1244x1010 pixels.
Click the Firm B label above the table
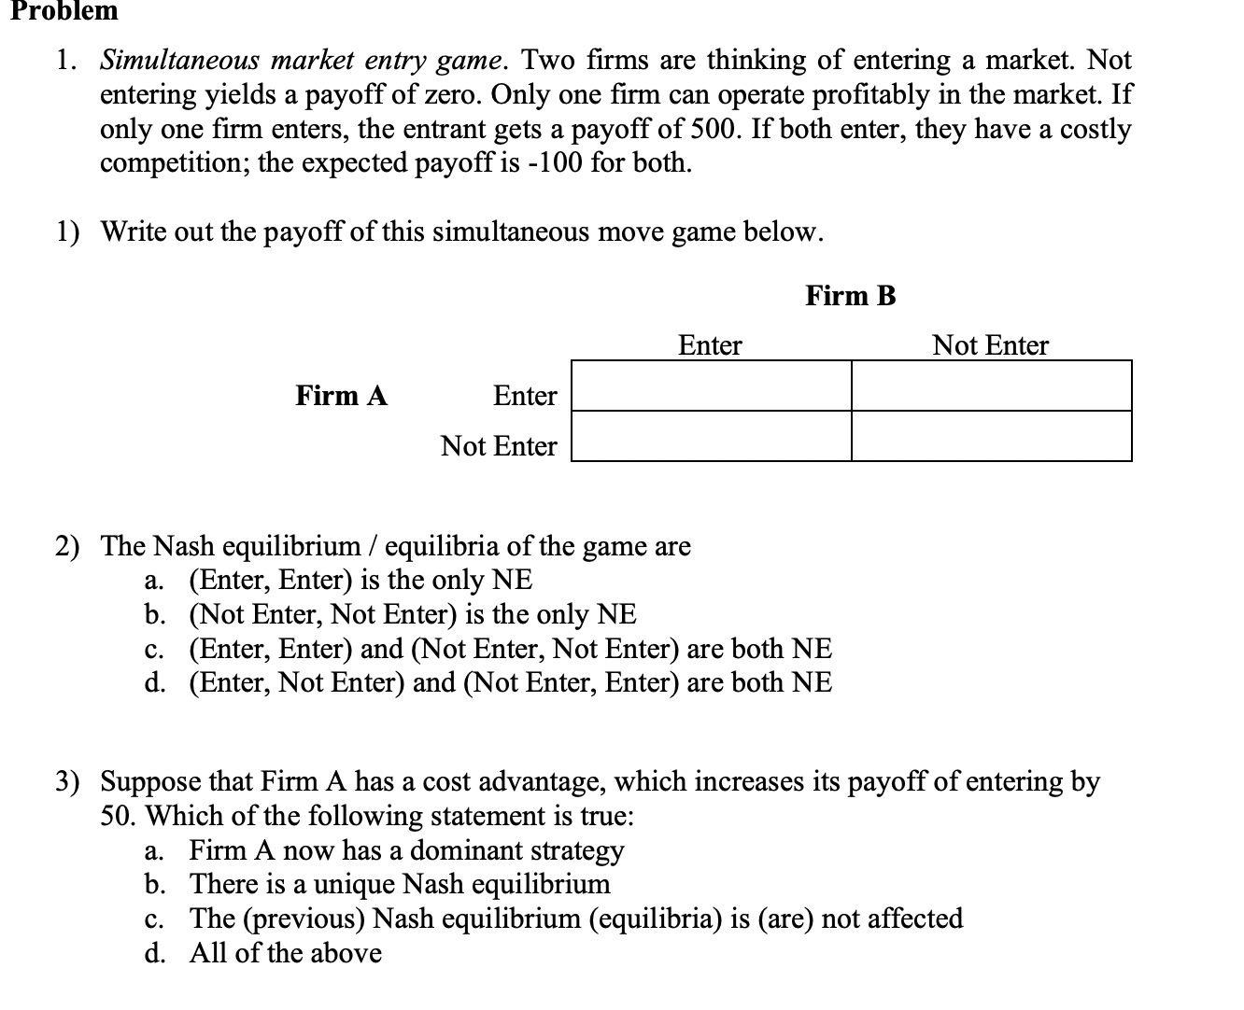(850, 296)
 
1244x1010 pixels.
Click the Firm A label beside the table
(341, 396)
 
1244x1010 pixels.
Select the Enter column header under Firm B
(709, 345)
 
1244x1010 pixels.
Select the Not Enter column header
(990, 345)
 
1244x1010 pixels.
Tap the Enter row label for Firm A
(524, 396)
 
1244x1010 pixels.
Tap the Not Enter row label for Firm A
(498, 446)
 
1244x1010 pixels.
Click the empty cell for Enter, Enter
(711, 386)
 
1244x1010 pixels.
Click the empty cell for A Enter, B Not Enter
(991, 386)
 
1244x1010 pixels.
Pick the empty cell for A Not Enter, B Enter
(711, 437)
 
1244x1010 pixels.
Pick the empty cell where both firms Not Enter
(991, 437)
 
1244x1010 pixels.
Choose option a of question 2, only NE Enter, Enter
(360, 580)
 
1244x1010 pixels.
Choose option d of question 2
(509, 682)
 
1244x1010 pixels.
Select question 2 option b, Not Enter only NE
(412, 614)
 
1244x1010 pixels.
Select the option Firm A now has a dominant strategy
(406, 850)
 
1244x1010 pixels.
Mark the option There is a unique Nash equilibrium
(400, 884)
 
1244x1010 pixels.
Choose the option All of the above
(285, 953)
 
